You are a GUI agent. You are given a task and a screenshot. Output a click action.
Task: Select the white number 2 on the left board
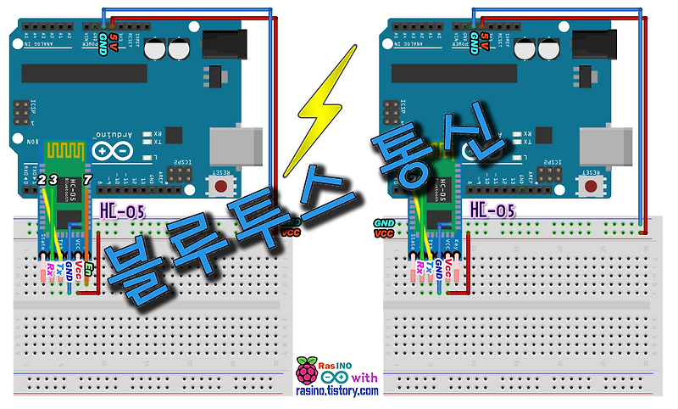(42, 180)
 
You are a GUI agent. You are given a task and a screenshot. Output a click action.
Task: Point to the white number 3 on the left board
(53, 180)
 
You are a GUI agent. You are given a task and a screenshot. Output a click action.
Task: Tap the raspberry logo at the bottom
(306, 372)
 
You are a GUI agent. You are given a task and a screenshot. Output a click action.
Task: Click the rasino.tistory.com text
(336, 391)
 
